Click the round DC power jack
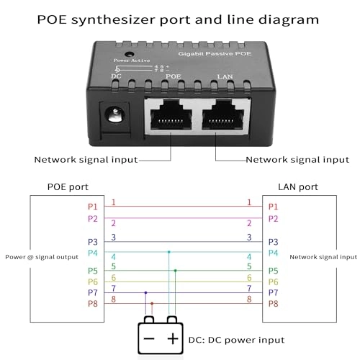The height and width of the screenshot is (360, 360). [x=114, y=114]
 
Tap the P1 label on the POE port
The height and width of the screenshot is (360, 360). [x=92, y=207]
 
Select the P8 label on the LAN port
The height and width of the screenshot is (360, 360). [x=273, y=304]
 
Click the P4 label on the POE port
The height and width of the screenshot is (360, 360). [x=92, y=253]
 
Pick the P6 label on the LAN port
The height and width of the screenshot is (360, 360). [x=273, y=282]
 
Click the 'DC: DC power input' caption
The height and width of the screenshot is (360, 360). [x=237, y=340]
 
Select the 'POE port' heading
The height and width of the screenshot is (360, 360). [x=67, y=187]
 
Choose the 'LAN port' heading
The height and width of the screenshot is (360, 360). [x=297, y=187]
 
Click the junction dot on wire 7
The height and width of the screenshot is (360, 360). [x=146, y=293]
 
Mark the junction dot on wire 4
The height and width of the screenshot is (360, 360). [x=169, y=252]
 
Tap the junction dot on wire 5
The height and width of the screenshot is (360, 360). [x=175, y=271]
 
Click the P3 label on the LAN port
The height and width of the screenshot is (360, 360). [x=273, y=242]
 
